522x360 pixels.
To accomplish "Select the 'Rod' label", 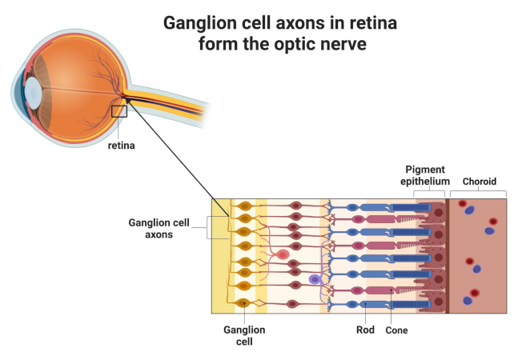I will [x=365, y=328].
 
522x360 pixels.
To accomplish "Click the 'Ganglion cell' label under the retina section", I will [x=244, y=334].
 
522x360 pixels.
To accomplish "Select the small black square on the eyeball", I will [x=118, y=111].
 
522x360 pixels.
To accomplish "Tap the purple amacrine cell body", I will [x=315, y=280].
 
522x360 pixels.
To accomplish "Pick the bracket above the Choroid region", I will [x=478, y=194].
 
